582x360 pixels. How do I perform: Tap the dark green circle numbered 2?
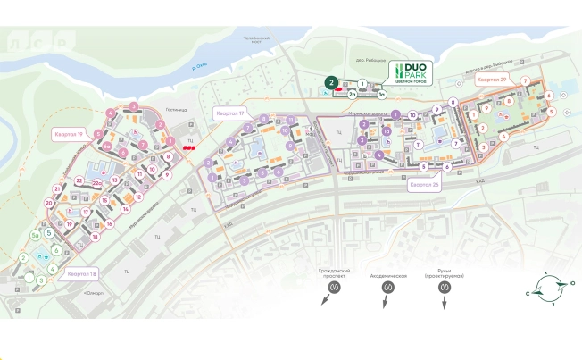pos(331,82)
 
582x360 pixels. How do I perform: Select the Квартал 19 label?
pos(68,134)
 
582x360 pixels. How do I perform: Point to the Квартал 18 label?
pos(81,273)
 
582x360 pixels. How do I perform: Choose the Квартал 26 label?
pos(424,186)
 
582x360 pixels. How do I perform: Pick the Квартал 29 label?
pos(491,80)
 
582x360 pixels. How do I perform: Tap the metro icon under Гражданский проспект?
pos(334,289)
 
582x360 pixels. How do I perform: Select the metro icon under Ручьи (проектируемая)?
pos(445,289)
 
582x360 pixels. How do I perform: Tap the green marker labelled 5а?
pos(36,236)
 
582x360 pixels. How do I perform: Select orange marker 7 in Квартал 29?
pos(527,81)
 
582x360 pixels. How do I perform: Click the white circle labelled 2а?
pos(353,93)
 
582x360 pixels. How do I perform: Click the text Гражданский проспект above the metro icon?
pos(334,272)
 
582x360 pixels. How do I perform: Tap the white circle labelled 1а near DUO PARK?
pos(381,93)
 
